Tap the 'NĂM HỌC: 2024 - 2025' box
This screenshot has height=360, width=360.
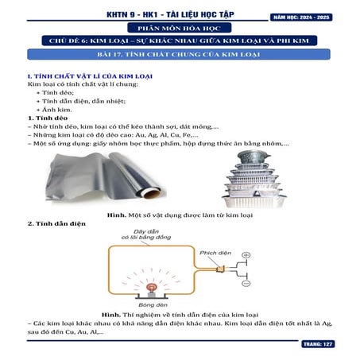(x=314, y=15)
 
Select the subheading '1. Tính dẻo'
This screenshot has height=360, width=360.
(x=48, y=118)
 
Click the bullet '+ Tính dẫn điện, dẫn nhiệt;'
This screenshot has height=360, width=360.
(x=82, y=100)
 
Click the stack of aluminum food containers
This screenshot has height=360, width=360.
(x=263, y=178)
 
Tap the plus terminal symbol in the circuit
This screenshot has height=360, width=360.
(x=246, y=255)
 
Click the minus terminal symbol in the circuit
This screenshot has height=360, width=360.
(x=246, y=283)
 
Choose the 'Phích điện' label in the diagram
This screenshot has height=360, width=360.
(x=215, y=253)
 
